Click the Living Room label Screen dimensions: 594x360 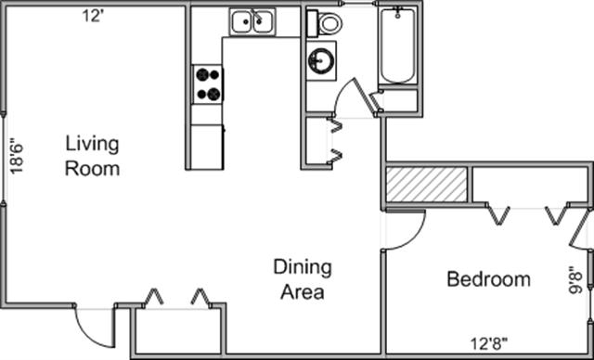(x=93, y=156)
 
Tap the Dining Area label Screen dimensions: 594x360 (x=303, y=279)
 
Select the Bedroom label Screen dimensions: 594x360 (x=489, y=279)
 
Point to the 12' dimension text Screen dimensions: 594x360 (x=93, y=17)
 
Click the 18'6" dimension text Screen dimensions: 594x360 (x=17, y=159)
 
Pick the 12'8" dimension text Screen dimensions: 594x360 (x=489, y=344)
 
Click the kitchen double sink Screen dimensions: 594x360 (x=252, y=22)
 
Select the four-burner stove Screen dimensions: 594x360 (x=208, y=84)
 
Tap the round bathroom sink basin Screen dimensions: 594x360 (x=320, y=60)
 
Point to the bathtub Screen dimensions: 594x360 (x=398, y=45)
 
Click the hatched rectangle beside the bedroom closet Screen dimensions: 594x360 (x=426, y=185)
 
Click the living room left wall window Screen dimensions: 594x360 (x=4, y=159)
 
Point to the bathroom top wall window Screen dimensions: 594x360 (x=359, y=3)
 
